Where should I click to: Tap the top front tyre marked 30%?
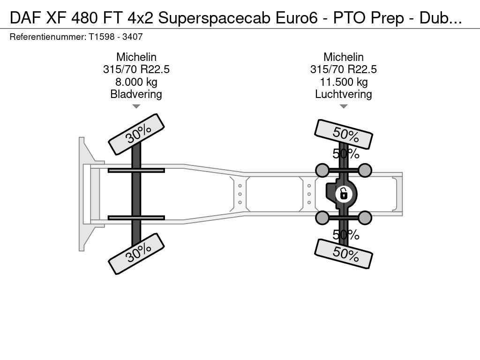(136, 135)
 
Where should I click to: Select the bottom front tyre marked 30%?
(136, 254)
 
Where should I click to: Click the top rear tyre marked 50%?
(344, 134)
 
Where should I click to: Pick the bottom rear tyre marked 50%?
(344, 254)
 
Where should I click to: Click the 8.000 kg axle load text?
(136, 82)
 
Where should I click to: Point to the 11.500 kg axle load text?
(344, 82)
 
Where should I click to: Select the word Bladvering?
(136, 94)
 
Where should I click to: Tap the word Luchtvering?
(344, 94)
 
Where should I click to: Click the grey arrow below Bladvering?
(136, 106)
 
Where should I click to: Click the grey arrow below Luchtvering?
(344, 106)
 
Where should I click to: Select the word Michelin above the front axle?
(136, 57)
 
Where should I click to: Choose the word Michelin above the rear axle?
(344, 57)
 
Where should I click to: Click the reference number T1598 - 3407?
(116, 37)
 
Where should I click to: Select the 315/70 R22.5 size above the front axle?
(136, 69)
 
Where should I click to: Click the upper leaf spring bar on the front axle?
(136, 170)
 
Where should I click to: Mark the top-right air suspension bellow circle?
(365, 170)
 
